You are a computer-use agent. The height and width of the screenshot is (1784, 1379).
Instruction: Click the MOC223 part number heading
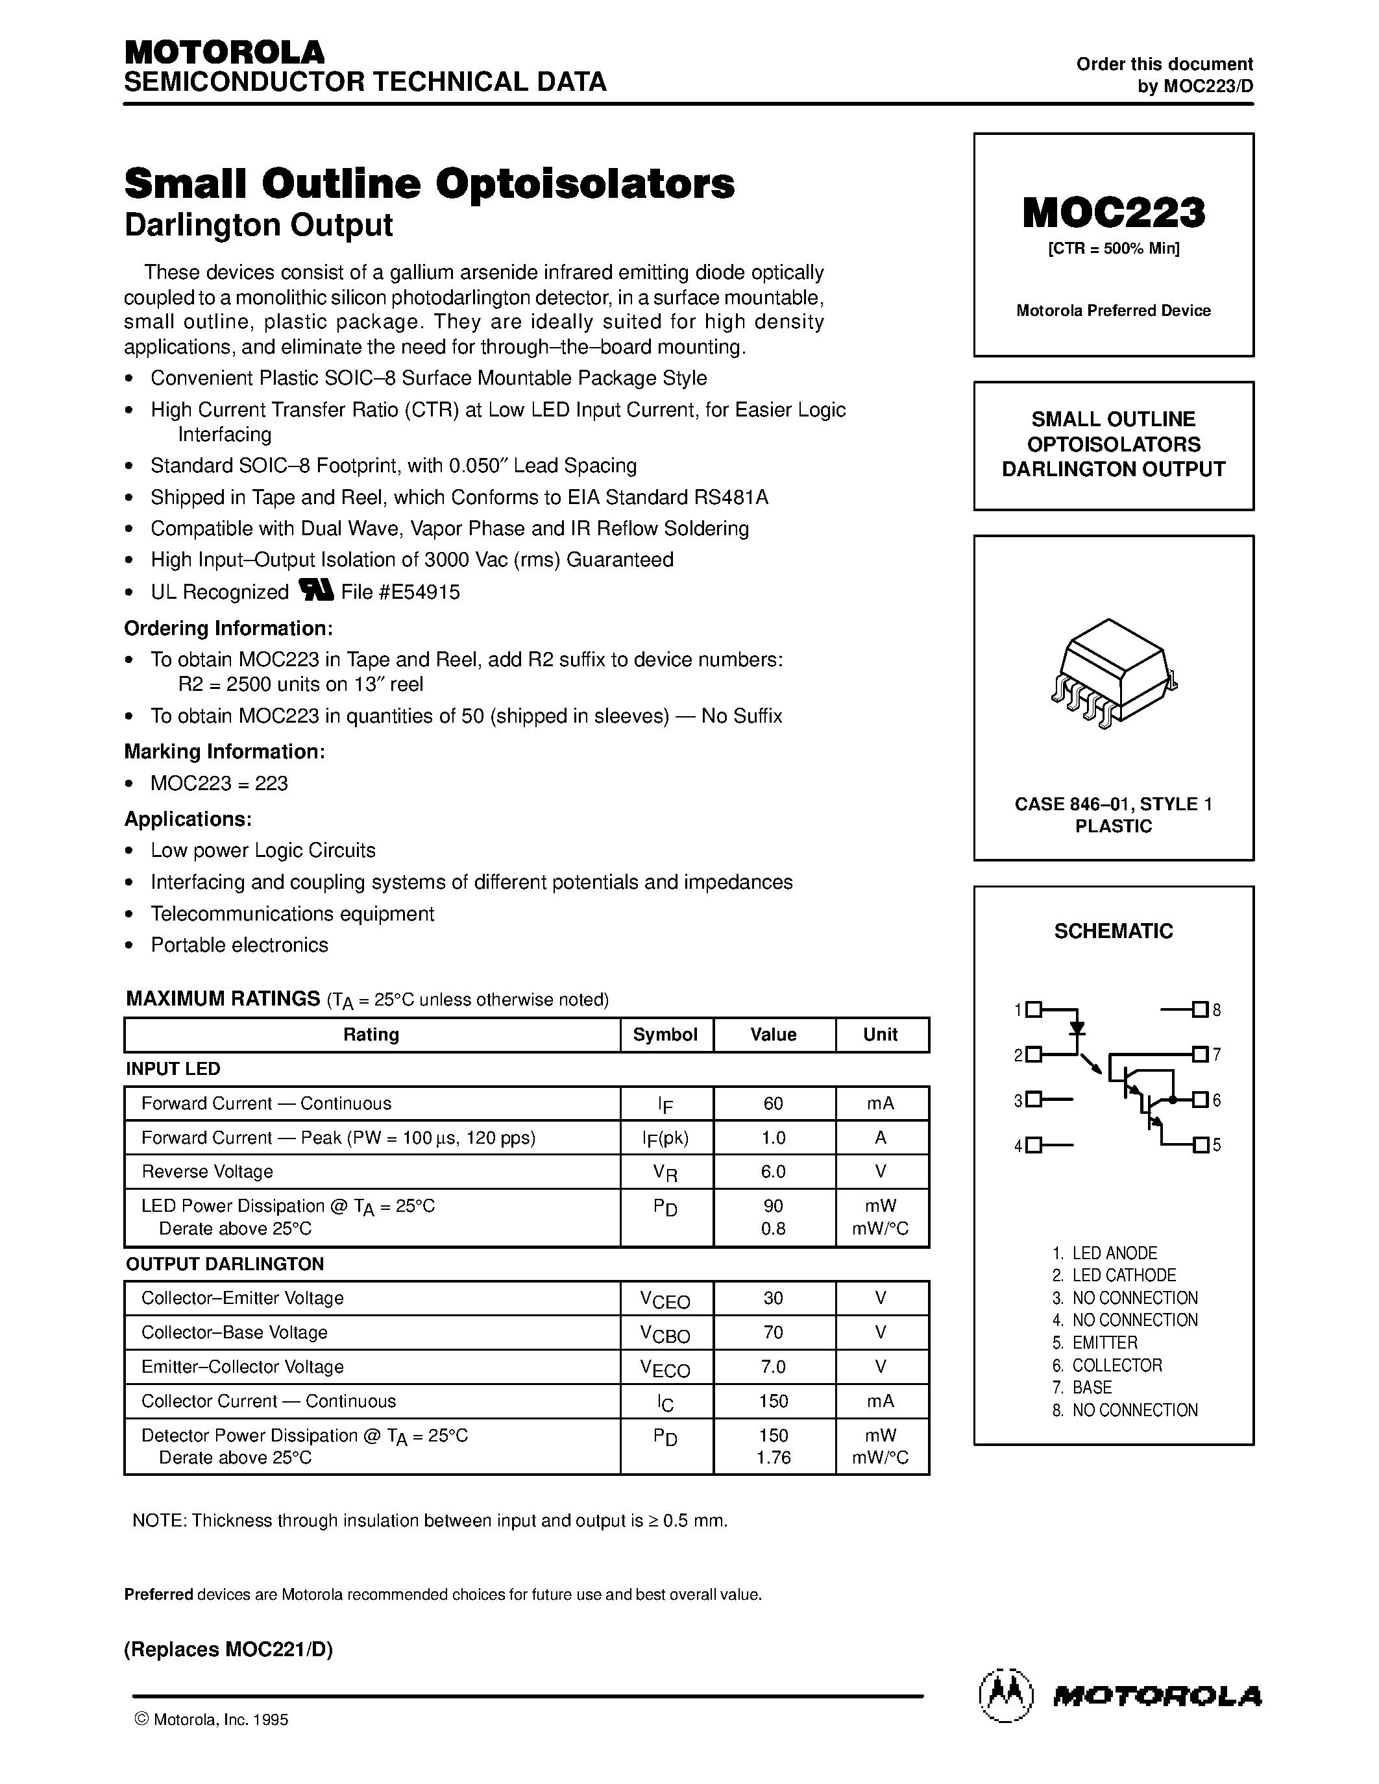coord(1113,213)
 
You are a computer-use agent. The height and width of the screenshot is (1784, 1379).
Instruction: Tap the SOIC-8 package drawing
coord(1113,673)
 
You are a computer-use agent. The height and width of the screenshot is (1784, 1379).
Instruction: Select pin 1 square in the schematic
coord(1033,1009)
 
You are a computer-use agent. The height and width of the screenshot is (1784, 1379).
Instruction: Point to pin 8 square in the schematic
coord(1199,1009)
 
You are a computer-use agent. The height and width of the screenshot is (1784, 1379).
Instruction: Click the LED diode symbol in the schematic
coord(1077,1027)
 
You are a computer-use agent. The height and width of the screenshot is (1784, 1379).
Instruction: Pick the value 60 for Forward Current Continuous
coord(773,1103)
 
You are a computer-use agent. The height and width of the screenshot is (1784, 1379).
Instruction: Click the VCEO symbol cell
coord(665,1299)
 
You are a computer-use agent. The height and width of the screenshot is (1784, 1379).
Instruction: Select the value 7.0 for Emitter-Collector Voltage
coord(773,1367)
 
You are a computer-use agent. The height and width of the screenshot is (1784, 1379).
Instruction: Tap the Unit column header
coord(881,1035)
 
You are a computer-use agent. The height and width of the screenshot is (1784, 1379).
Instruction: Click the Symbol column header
coord(665,1035)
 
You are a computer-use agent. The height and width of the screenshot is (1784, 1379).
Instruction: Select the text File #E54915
coord(400,592)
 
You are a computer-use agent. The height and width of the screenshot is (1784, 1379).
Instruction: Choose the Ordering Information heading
coord(228,628)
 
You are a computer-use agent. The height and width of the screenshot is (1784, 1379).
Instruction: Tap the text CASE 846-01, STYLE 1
coord(1113,804)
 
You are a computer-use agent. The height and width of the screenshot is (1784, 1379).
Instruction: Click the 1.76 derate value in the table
coord(773,1458)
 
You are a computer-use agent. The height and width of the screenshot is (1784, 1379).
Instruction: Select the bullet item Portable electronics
coord(239,945)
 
